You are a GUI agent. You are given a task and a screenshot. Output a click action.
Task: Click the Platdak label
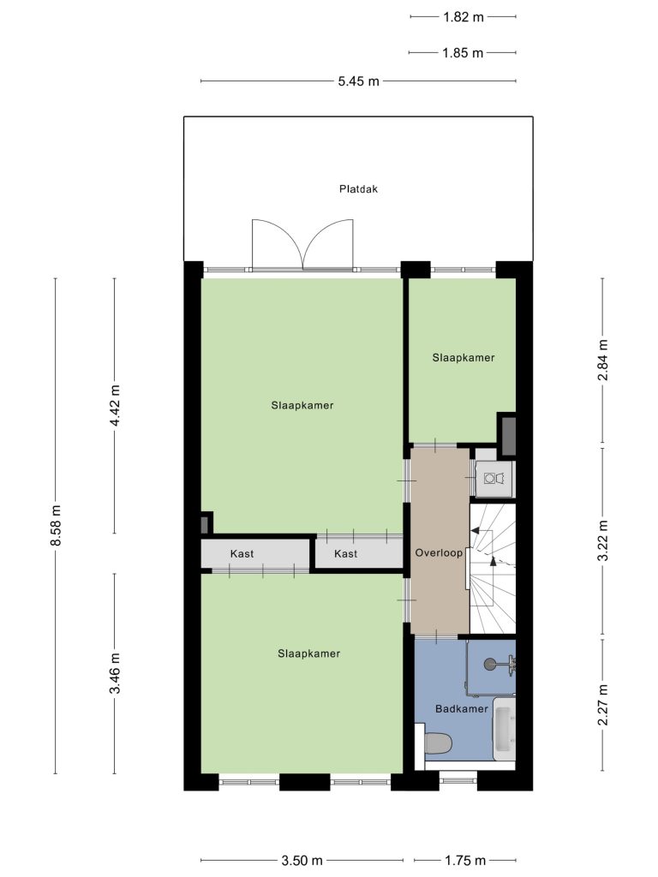pyautogui.click(x=358, y=189)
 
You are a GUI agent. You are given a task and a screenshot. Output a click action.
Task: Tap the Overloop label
pyautogui.click(x=439, y=553)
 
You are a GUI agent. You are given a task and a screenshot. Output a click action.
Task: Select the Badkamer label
pyautogui.click(x=462, y=708)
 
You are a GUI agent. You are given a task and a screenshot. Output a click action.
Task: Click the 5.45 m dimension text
pyautogui.click(x=359, y=81)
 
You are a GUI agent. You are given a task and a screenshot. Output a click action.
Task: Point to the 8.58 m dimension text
pyautogui.click(x=55, y=526)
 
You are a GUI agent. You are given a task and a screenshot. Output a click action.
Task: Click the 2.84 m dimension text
pyautogui.click(x=602, y=360)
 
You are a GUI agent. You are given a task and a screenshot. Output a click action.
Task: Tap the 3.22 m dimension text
pyautogui.click(x=602, y=541)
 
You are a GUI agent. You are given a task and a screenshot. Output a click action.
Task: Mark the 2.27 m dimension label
pyautogui.click(x=602, y=705)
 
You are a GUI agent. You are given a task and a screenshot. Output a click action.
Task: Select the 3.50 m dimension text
pyautogui.click(x=302, y=860)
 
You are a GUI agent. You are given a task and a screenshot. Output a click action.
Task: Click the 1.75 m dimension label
pyautogui.click(x=465, y=860)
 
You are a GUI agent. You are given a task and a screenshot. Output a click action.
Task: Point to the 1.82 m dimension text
pyautogui.click(x=464, y=17)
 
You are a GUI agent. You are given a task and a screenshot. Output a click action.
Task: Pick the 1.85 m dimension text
pyautogui.click(x=463, y=53)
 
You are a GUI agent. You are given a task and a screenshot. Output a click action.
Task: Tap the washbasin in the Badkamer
pyautogui.click(x=504, y=729)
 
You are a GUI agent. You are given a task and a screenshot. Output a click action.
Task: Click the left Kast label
pyautogui.click(x=242, y=554)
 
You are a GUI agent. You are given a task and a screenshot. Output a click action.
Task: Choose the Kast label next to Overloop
pyautogui.click(x=346, y=554)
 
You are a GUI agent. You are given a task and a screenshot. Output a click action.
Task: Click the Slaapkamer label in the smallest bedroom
pyautogui.click(x=464, y=357)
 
